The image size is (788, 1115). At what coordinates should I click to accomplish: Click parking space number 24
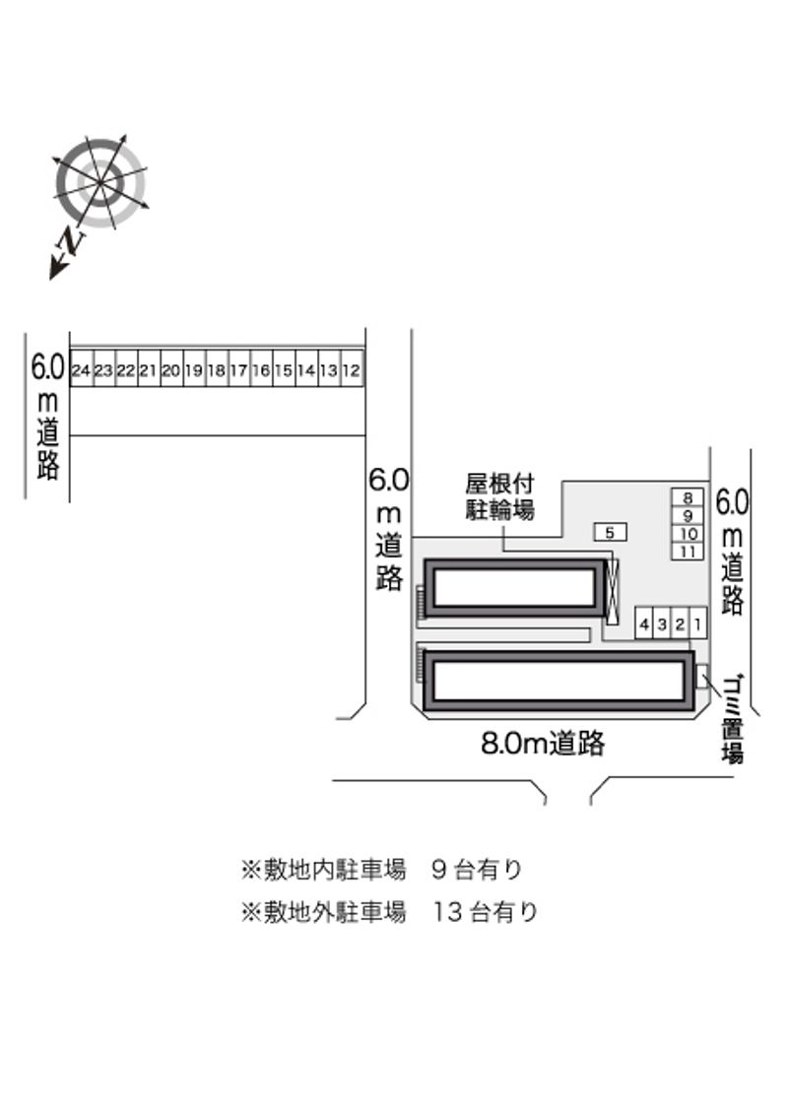[x=81, y=368]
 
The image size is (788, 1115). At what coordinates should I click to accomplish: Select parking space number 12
[x=352, y=368]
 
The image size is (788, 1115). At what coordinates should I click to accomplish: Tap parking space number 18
[x=216, y=368]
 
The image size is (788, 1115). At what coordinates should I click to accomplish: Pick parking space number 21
[x=149, y=368]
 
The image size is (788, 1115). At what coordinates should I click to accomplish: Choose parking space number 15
[x=284, y=368]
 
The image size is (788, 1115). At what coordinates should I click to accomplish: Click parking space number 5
[x=610, y=532]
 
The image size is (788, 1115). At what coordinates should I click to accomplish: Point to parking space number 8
[x=688, y=497]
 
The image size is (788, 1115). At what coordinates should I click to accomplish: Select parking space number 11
[x=688, y=552]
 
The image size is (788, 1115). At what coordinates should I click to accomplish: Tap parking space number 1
[x=697, y=624]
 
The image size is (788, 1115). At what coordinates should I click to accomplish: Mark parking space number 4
[x=644, y=624]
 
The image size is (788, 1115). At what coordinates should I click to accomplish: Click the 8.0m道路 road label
[x=543, y=744]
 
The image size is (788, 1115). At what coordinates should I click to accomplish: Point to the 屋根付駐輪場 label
[x=499, y=496]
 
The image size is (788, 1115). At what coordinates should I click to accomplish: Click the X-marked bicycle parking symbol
[x=612, y=592]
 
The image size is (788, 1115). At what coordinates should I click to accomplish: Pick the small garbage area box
[x=702, y=676]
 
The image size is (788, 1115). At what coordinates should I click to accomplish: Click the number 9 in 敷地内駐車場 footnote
[x=438, y=869]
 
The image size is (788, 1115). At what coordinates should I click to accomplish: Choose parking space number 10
[x=688, y=533]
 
